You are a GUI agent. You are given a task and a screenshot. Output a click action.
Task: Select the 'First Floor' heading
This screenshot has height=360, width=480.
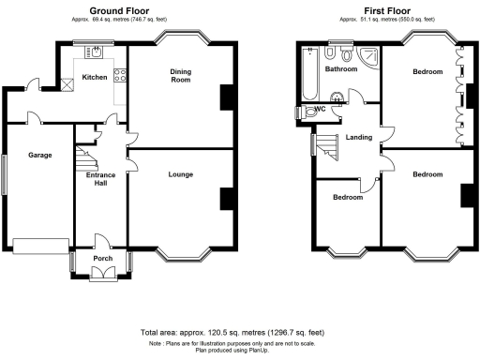tap(384, 9)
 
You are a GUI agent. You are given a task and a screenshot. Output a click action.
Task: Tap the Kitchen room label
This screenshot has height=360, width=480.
tap(95, 77)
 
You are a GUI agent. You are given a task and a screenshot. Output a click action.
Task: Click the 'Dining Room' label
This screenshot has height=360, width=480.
tap(182, 76)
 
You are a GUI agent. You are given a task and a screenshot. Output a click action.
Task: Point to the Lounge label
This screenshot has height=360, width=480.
tap(181, 174)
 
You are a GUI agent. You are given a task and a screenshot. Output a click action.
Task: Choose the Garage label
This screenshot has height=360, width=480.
tap(38, 155)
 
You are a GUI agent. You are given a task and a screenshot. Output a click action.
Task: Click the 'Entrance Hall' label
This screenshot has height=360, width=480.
tap(101, 179)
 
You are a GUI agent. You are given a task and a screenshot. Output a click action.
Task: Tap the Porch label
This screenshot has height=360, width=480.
tap(102, 258)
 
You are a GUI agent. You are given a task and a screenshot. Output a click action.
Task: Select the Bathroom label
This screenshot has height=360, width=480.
tap(341, 69)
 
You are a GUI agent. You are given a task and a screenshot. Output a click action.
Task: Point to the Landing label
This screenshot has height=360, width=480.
tap(359, 138)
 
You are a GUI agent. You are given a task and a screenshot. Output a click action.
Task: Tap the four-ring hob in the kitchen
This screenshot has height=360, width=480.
tap(118, 75)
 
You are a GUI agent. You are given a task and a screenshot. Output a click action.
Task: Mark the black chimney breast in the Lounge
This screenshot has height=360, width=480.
tap(226, 199)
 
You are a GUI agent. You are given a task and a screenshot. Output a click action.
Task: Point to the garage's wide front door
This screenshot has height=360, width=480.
tap(36, 246)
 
